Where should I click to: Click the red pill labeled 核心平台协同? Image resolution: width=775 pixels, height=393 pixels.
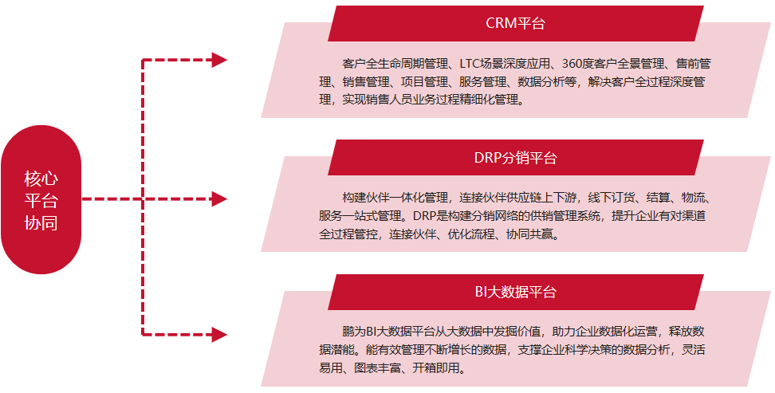coord(41,200)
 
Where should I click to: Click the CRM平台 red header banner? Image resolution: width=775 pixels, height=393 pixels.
coord(515,23)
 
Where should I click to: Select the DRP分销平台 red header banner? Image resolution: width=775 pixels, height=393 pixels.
coord(515,157)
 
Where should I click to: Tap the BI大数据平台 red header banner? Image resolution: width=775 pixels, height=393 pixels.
coord(515,292)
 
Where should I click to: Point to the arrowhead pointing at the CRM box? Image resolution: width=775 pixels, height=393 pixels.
coord(219,60)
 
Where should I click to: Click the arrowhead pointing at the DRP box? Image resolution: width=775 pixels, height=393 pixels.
coord(219,198)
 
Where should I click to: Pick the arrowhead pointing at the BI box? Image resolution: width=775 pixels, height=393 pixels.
coord(219,334)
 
